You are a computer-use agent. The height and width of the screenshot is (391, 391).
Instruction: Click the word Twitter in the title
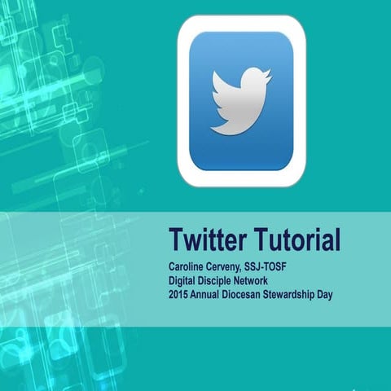tap(208, 240)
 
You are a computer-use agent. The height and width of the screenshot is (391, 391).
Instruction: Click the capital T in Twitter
tap(175, 240)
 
